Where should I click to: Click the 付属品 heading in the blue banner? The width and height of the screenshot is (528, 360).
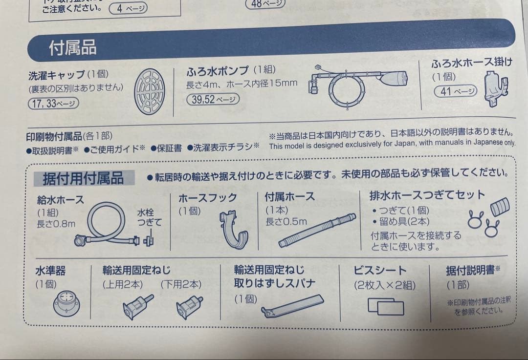click(x=72, y=48)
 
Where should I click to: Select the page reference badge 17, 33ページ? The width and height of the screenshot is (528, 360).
click(x=54, y=104)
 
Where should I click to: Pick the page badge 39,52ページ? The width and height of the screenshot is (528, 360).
click(x=213, y=100)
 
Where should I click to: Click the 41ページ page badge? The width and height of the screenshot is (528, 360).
click(x=455, y=91)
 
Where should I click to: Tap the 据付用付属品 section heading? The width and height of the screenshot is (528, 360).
click(x=83, y=178)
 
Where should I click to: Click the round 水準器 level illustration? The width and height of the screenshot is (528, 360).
click(x=66, y=303)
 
